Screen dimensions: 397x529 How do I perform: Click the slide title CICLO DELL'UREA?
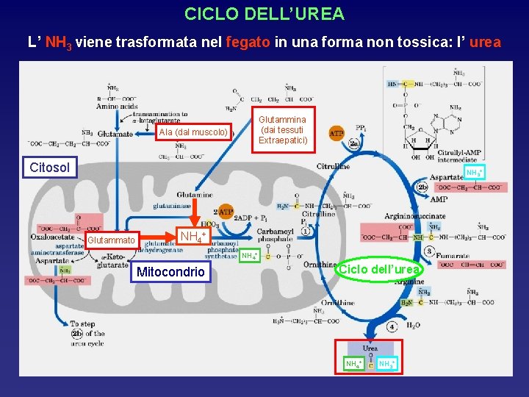coord(264,14)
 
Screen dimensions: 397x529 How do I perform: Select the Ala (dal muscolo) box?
coord(194,132)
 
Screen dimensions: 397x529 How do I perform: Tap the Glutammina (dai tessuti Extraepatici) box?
coord(284,129)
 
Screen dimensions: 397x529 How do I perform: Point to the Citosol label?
coord(50,168)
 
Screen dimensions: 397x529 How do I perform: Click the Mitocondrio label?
coord(170,272)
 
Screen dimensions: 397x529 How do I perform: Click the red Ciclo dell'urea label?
coord(379,269)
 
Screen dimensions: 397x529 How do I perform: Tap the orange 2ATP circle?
coord(223,212)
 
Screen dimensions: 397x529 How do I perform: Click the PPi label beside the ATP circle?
coord(361,127)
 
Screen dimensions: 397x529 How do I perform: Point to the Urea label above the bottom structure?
coord(370,348)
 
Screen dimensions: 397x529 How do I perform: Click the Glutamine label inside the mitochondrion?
coord(195,195)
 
